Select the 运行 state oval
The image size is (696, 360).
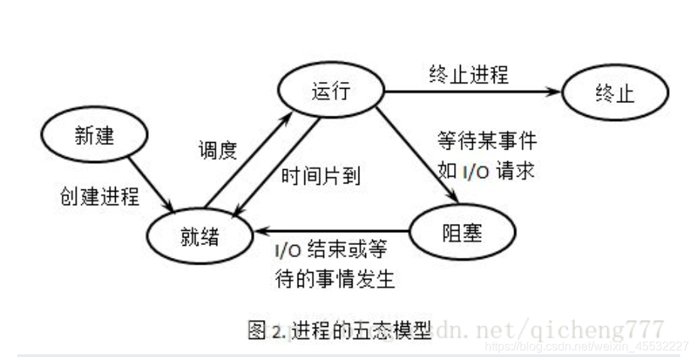331,90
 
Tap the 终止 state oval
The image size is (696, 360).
614,93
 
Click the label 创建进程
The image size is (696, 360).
99,196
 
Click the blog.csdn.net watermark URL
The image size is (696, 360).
586,346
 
